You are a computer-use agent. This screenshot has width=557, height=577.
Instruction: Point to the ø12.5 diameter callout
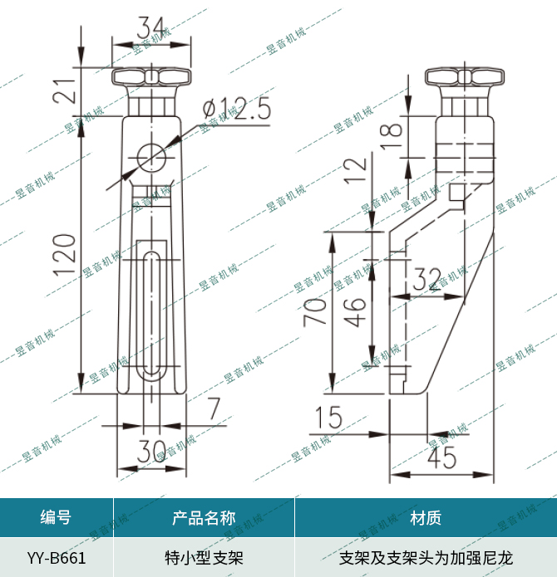(x=237, y=109)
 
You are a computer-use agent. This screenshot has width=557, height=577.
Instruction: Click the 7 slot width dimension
(x=214, y=408)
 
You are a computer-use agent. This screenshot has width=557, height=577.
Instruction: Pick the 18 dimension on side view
(x=393, y=130)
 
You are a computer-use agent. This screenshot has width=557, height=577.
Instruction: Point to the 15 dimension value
(x=329, y=418)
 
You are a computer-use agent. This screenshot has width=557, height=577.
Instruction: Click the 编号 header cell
(x=56, y=518)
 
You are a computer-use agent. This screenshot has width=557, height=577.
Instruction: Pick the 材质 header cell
(x=426, y=518)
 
